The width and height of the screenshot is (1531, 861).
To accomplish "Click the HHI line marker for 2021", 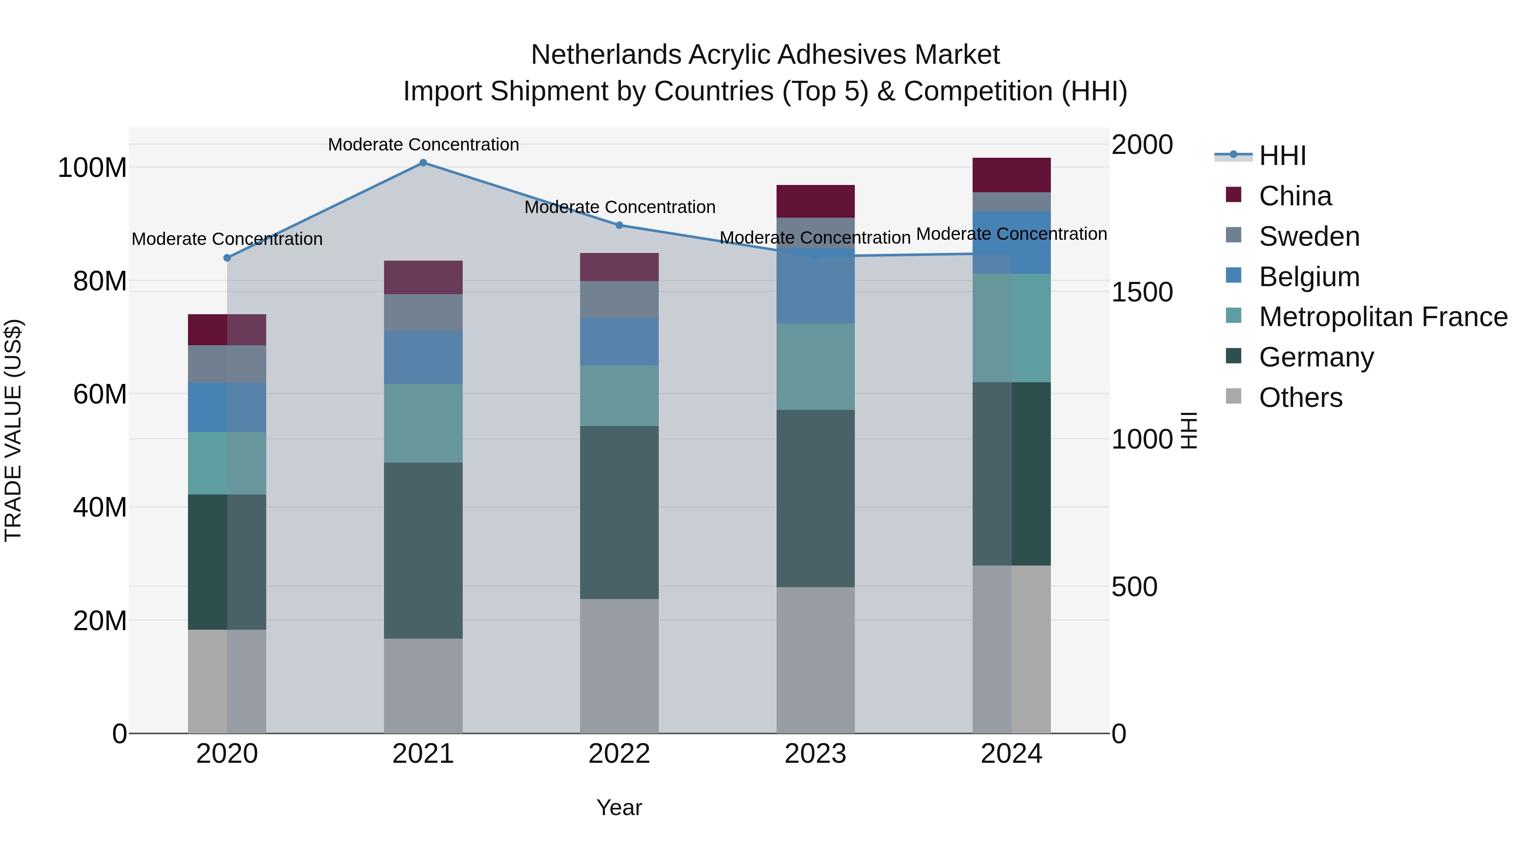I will [423, 163].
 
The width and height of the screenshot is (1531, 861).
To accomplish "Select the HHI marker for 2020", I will [227, 258].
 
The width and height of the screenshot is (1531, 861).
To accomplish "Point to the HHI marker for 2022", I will [619, 225].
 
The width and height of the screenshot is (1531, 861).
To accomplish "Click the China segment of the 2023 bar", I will [815, 202].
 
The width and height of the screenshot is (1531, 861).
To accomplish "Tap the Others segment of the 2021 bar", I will [423, 686].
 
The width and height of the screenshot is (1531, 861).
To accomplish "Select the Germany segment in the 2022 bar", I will [619, 512].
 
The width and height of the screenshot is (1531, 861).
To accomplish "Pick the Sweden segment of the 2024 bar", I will [1012, 202].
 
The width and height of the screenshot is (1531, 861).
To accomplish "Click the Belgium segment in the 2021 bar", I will [423, 358].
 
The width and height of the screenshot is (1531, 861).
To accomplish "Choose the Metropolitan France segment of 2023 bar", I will [815, 367].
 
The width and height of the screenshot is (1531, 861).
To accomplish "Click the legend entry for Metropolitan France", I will [1383, 317].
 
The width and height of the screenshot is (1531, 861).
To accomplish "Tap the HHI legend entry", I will [1283, 156].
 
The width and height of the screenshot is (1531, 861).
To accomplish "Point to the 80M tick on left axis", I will [100, 281].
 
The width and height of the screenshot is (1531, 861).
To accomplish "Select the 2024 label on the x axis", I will [1012, 754].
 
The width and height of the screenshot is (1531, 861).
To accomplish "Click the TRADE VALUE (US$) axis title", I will [13, 431].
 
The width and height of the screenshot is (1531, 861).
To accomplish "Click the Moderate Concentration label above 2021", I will [423, 145].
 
